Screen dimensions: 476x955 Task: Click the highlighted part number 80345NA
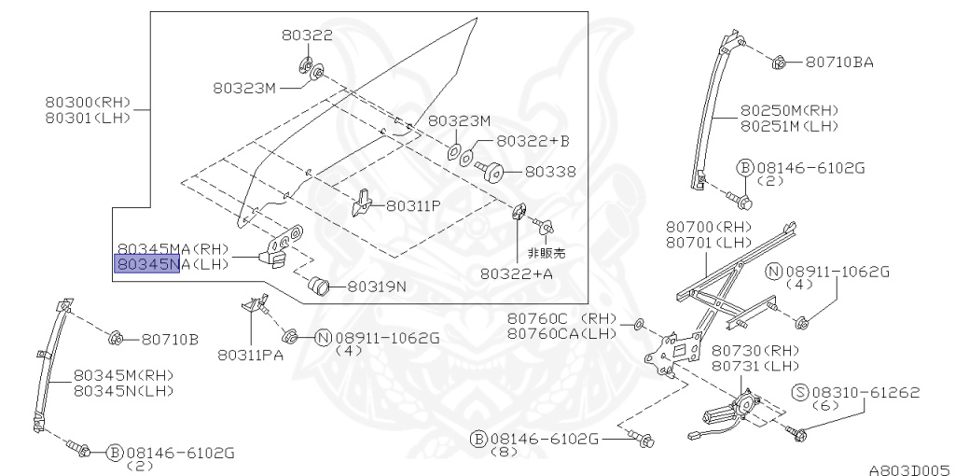coord(146,265)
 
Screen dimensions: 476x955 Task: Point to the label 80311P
coord(413,205)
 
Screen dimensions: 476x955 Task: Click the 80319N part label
coord(377,286)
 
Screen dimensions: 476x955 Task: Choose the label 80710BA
coord(839,63)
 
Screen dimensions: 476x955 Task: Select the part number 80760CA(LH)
coord(562,333)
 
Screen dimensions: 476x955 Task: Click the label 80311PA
coord(251,355)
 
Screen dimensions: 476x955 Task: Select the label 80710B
coord(170,339)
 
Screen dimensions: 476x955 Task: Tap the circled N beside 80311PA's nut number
coord(323,338)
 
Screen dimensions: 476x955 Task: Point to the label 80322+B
coord(532,141)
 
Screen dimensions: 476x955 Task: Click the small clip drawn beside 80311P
coord(364,203)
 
